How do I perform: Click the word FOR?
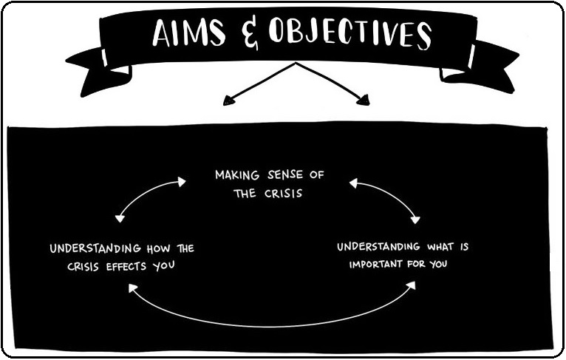[x=417, y=263]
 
